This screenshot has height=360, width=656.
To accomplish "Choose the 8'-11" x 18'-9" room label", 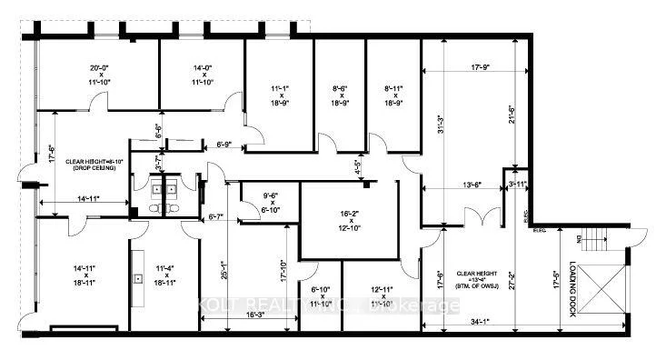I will point(392,95).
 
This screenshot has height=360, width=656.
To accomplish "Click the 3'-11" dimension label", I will point(518,185).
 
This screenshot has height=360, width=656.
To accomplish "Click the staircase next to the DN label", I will point(594,241).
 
